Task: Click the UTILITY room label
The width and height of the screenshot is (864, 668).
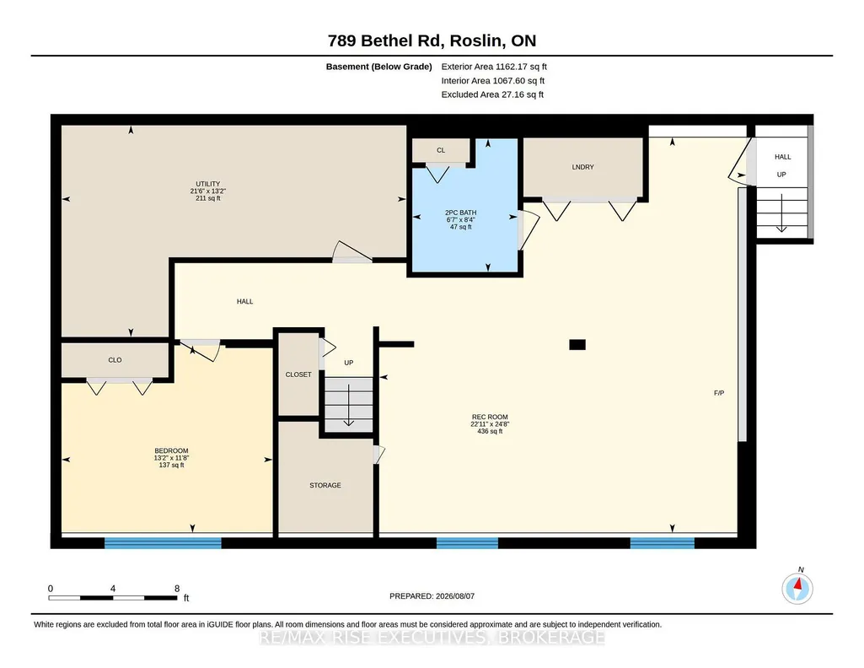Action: pos(207,184)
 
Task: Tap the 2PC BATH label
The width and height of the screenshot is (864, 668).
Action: pos(460,213)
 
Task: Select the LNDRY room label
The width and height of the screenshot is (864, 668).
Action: pos(583,167)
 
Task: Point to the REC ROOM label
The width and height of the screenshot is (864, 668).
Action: pos(490,417)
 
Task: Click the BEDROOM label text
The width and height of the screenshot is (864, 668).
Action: pos(171,451)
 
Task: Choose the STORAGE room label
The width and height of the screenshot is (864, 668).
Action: pos(325,486)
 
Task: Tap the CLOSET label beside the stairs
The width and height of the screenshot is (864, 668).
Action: pos(298,374)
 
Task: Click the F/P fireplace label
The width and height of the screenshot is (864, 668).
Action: pos(719,393)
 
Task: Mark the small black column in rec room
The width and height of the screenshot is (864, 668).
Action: pos(577,344)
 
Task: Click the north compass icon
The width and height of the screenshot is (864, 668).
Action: pos(797,588)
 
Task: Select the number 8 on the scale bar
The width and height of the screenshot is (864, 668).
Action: pos(177,589)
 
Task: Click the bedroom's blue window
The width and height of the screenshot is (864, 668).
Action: pos(163,543)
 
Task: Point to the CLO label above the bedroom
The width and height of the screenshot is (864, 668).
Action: pos(115,360)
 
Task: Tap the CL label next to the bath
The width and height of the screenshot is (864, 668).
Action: pos(441,150)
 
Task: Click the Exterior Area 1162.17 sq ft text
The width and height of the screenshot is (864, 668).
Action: pos(494,67)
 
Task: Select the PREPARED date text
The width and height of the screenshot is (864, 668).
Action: pos(432,595)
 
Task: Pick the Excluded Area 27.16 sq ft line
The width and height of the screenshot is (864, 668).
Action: pos(492,94)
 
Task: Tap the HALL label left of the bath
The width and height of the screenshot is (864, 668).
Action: pos(244,301)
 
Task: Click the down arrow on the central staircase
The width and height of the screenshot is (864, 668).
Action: pos(349,405)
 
